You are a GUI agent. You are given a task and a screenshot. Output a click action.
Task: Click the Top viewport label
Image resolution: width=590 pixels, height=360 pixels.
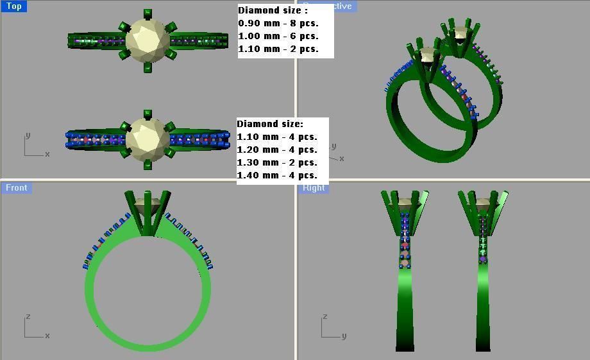[13, 6]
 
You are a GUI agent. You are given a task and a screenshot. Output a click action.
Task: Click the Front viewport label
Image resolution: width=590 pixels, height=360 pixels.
[17, 187]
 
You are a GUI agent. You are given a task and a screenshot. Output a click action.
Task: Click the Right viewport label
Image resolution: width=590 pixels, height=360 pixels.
[314, 187]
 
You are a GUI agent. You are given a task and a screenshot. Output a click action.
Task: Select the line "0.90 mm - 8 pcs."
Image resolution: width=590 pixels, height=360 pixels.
[278, 23]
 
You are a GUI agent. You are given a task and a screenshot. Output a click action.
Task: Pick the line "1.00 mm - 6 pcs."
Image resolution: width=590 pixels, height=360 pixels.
[278, 36]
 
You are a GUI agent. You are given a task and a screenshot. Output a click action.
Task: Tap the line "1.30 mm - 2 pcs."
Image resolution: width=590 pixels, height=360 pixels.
[277, 162]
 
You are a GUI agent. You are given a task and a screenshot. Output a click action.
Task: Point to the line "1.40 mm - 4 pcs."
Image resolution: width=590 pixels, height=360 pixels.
[277, 175]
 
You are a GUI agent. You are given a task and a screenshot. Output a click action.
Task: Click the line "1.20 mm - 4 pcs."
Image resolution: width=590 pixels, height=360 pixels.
[277, 150]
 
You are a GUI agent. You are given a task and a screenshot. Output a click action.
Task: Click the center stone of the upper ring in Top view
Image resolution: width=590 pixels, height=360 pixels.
[148, 40]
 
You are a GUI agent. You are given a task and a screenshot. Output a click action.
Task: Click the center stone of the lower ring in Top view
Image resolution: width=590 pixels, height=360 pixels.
[148, 139]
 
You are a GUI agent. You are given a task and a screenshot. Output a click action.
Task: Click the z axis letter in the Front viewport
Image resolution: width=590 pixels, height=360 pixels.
[28, 317]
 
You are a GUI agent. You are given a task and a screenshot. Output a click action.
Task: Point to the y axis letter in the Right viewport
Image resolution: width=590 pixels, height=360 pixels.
[344, 336]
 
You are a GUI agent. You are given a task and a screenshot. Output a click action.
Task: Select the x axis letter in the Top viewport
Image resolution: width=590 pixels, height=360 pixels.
[47, 154]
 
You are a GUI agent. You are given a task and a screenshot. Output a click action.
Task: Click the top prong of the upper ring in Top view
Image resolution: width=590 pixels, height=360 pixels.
[148, 13]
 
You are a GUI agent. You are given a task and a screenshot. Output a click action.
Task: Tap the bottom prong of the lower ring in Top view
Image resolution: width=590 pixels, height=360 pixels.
[148, 165]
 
